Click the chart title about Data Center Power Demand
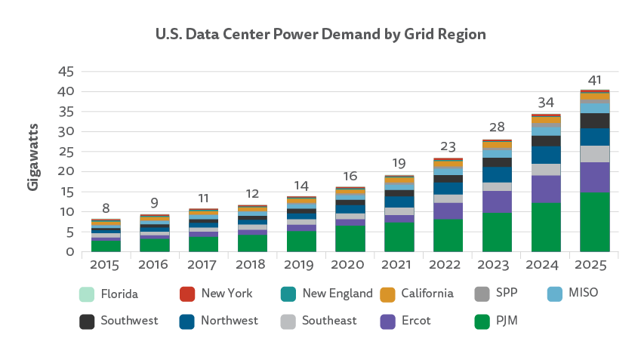pyautogui.click(x=320, y=34)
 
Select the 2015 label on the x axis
pyautogui.click(x=106, y=266)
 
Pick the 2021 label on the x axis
pyautogui.click(x=399, y=266)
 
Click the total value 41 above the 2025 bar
pyautogui.click(x=593, y=80)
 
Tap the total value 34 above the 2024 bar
pyautogui.click(x=545, y=102)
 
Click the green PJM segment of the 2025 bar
pyautogui.click(x=594, y=223)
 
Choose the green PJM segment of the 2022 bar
pyautogui.click(x=448, y=235)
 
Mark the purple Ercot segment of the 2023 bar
pyautogui.click(x=497, y=202)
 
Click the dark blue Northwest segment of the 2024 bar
pyautogui.click(x=545, y=155)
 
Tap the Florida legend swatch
pyautogui.click(x=87, y=293)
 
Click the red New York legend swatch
pyautogui.click(x=186, y=293)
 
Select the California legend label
pyautogui.click(x=427, y=293)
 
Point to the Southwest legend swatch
pyautogui.click(x=87, y=321)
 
